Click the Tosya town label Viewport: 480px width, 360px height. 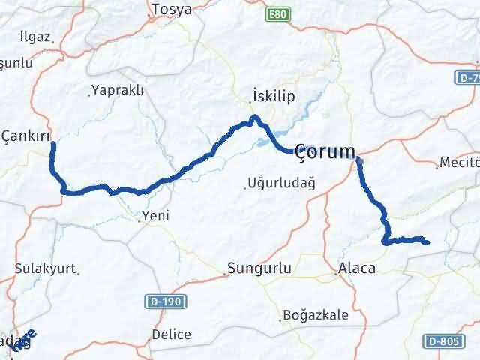(x=171, y=10)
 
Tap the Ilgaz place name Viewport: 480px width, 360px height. (x=35, y=37)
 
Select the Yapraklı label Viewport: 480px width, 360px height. (x=118, y=91)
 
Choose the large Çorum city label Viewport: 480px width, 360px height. (x=324, y=152)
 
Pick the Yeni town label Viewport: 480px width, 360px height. (x=157, y=216)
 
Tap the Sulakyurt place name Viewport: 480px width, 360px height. (x=41, y=267)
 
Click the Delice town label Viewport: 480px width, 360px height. (x=171, y=334)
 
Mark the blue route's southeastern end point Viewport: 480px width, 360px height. (x=426, y=242)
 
